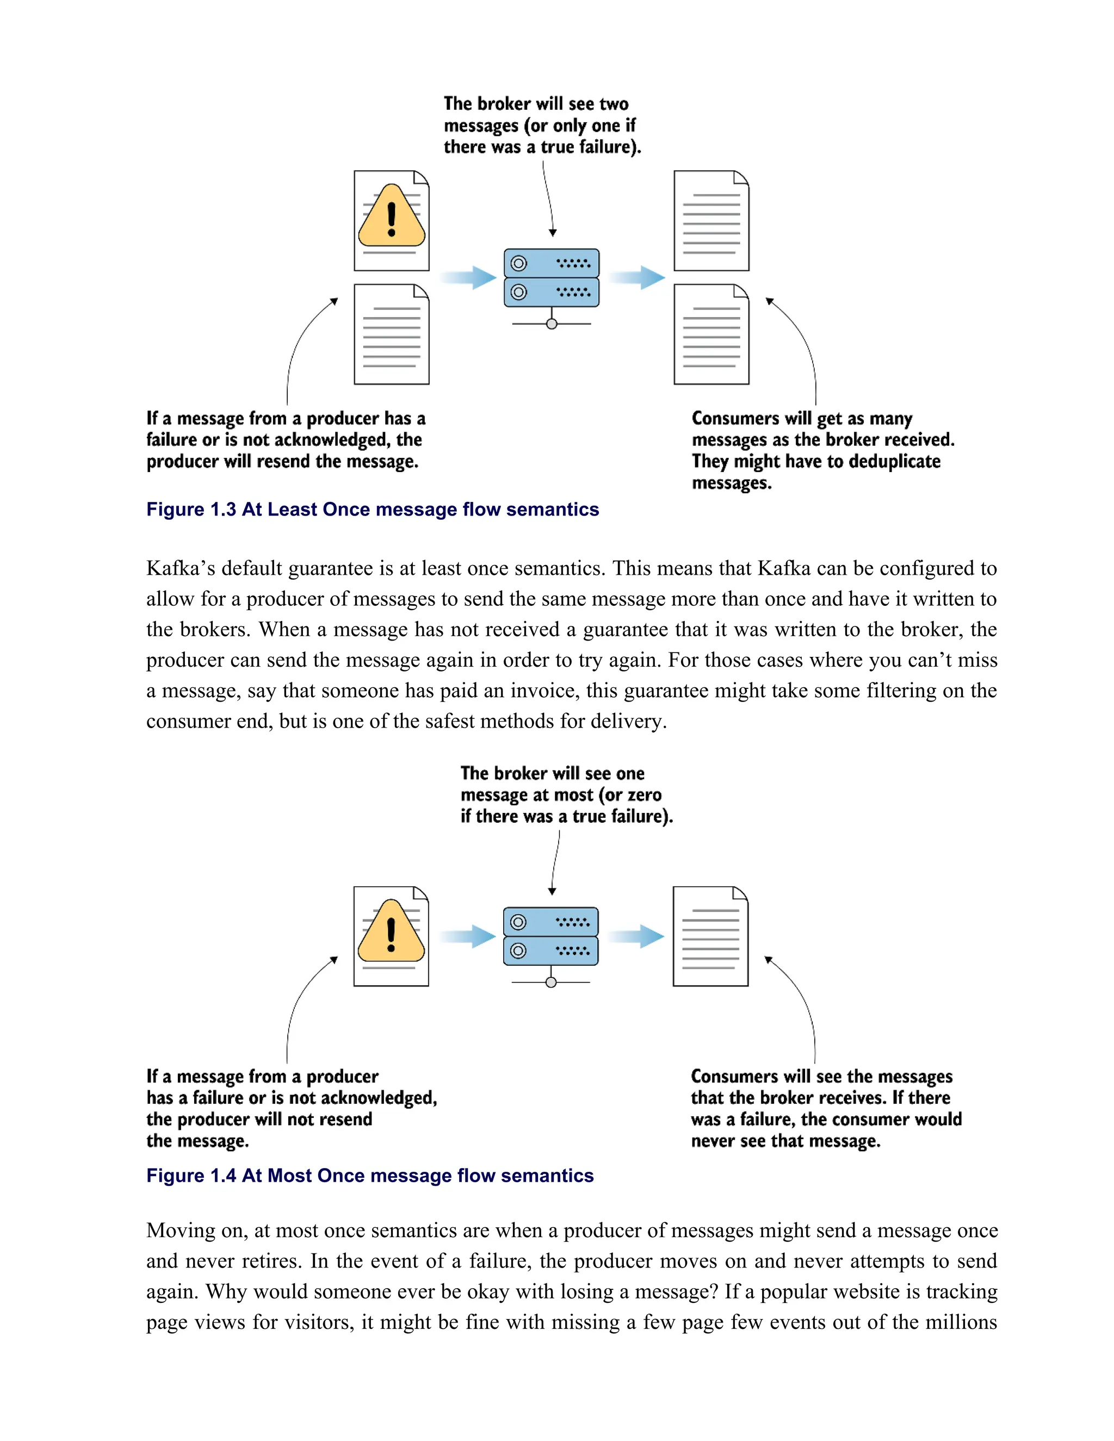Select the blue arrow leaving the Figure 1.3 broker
pyautogui.click(x=637, y=277)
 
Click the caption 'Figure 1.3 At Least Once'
pyautogui.click(x=372, y=510)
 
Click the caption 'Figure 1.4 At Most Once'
pyautogui.click(x=369, y=1176)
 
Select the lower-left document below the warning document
pyautogui.click(x=391, y=334)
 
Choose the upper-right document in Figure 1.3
pyautogui.click(x=711, y=220)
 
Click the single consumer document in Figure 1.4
pyautogui.click(x=710, y=936)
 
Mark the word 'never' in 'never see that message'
pyautogui.click(x=713, y=1141)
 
